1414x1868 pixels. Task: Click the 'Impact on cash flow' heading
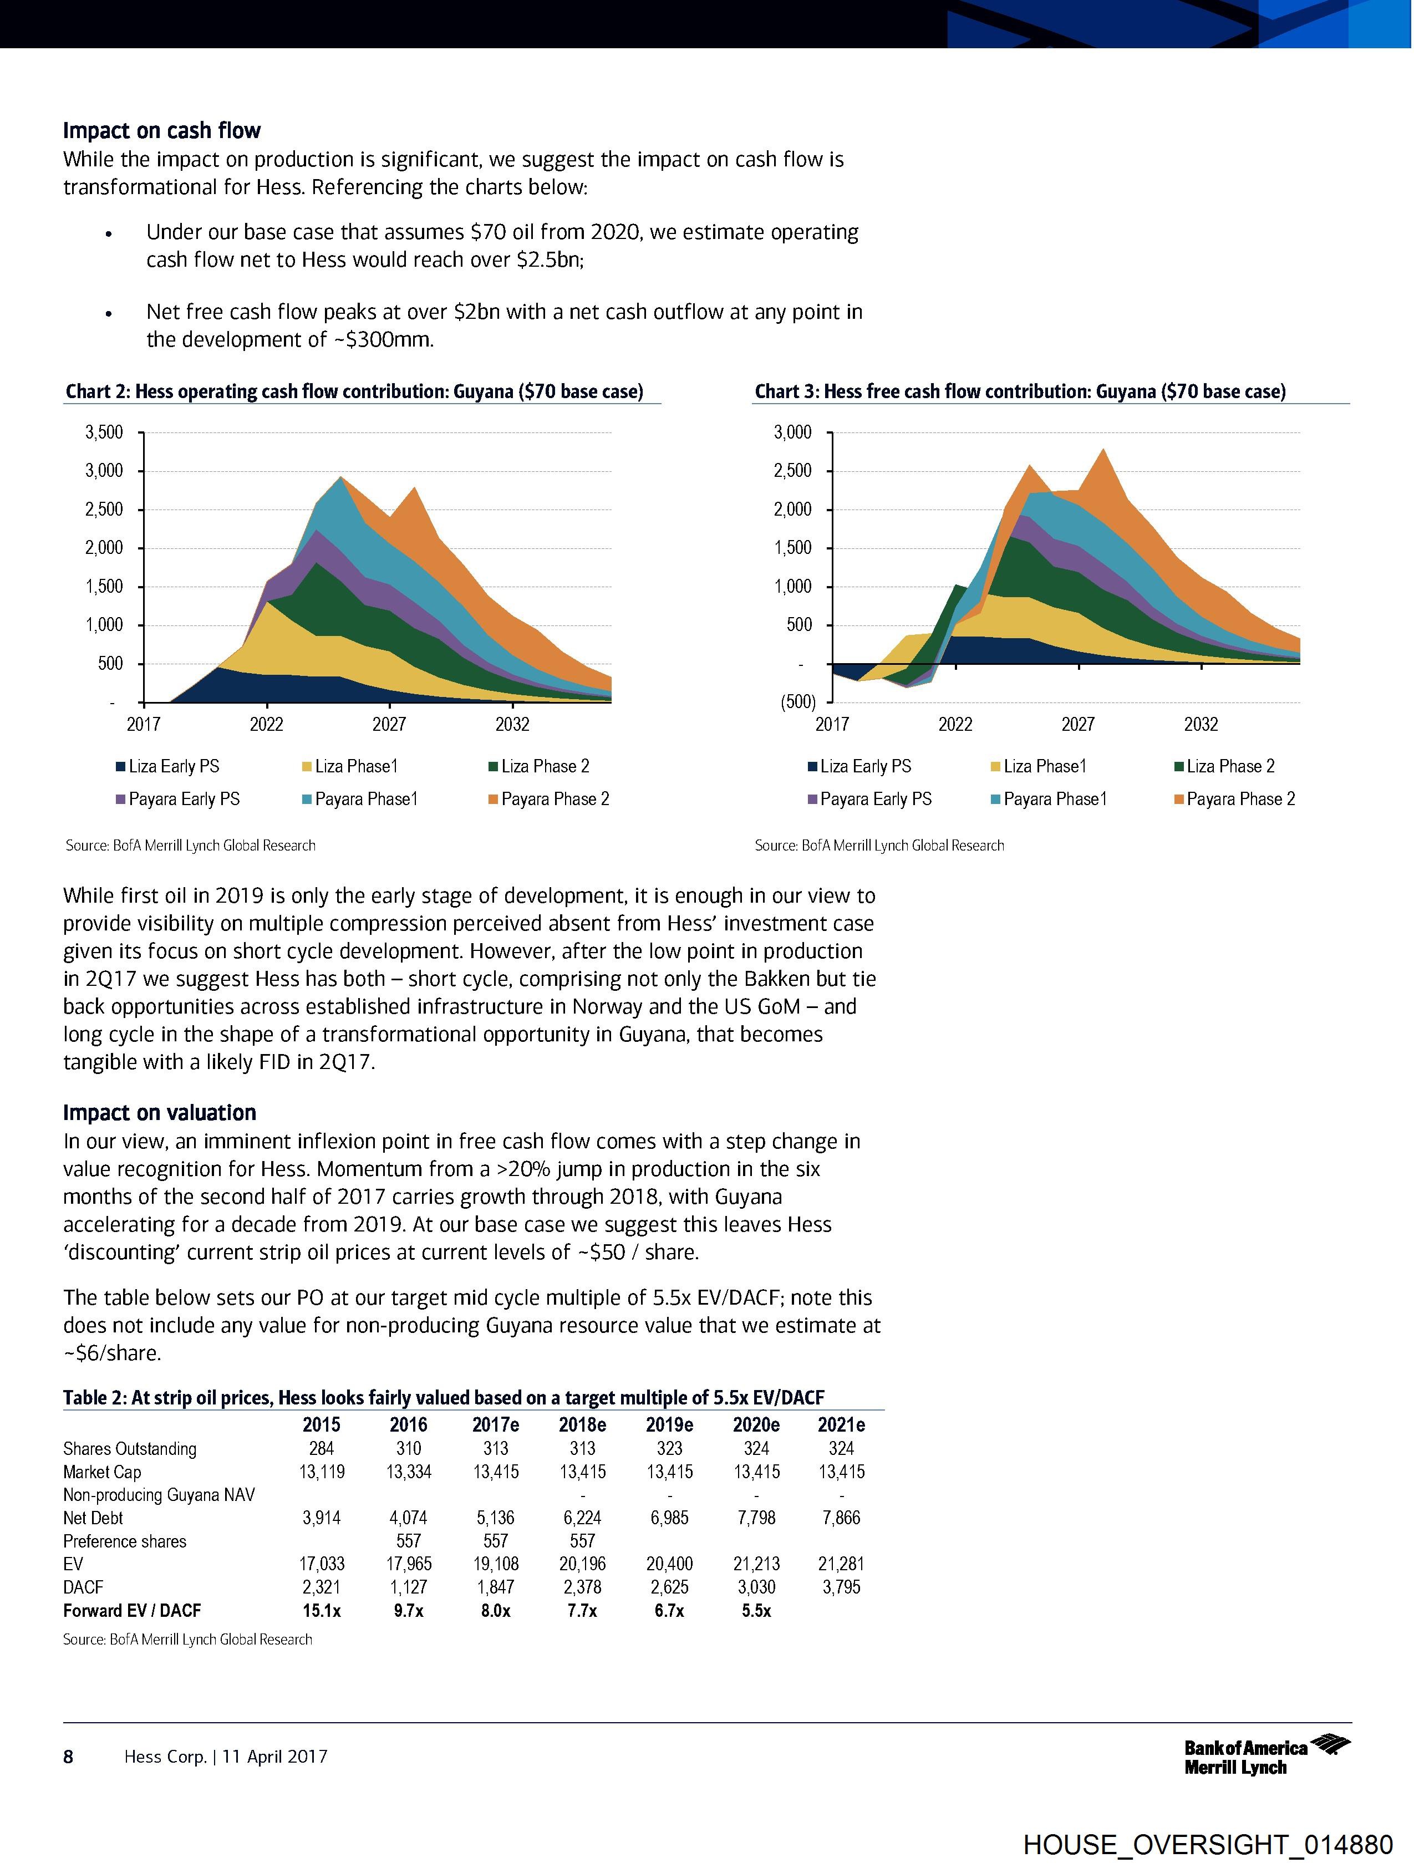click(161, 131)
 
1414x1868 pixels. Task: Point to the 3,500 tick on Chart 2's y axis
click(104, 433)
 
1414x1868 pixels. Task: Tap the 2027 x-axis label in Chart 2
click(389, 725)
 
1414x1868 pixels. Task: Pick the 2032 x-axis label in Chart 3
click(1201, 725)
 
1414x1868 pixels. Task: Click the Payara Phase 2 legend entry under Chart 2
click(548, 799)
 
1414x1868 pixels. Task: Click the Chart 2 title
click(355, 392)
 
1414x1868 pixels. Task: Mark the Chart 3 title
click(1020, 392)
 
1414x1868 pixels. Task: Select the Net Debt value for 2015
click(322, 1518)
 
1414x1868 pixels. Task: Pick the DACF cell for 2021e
click(841, 1587)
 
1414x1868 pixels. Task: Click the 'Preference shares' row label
click(125, 1542)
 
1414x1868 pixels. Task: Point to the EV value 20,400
click(669, 1565)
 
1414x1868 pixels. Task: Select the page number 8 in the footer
click(68, 1757)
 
